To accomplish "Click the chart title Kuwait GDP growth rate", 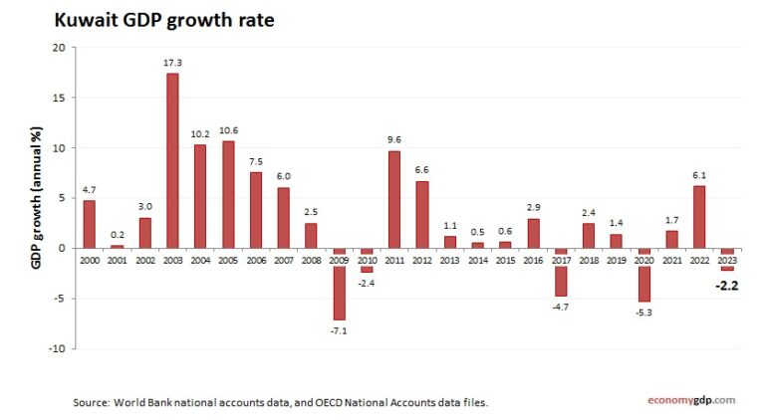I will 137,20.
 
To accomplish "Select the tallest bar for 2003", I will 172,160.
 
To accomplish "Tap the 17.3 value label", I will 172,63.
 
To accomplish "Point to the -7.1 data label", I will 340,329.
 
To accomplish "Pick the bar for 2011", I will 394,199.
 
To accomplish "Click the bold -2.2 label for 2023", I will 727,287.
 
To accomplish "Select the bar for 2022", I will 699,217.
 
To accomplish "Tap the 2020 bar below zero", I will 643,275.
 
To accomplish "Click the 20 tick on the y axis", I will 59,48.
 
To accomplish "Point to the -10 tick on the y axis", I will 57,349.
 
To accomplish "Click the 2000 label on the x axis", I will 89,259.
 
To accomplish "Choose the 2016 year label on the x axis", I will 533,259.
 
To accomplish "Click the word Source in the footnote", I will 89,402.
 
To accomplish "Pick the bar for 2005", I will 228,194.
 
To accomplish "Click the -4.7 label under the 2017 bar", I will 561,306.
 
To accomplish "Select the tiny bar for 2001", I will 117,247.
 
